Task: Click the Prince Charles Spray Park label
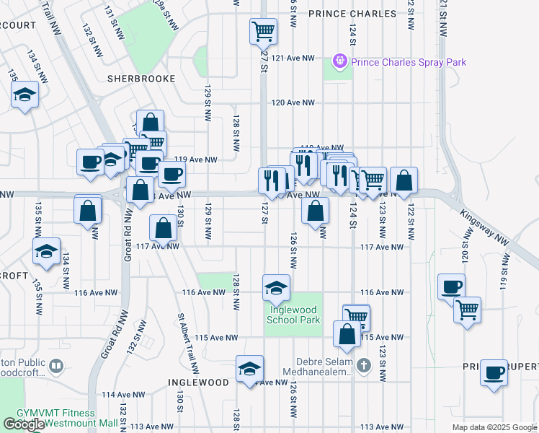409,62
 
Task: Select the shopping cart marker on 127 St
263,31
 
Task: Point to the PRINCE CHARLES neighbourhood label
352,14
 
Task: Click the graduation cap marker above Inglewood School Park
277,288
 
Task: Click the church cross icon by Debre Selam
364,366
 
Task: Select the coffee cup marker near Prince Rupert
494,372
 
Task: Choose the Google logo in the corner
24,424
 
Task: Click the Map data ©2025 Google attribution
494,427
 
